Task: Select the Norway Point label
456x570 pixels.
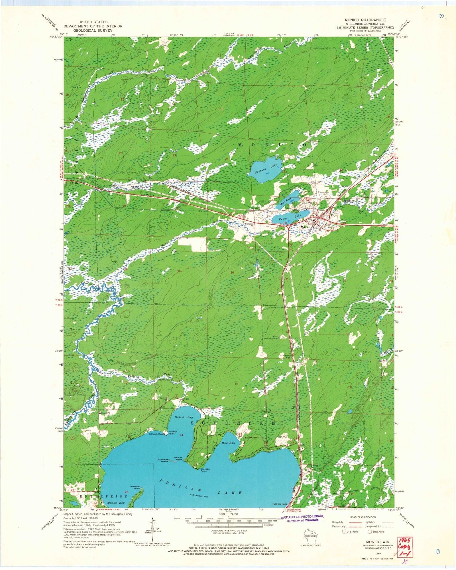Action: click(173, 432)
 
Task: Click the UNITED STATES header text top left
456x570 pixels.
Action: click(93, 22)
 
